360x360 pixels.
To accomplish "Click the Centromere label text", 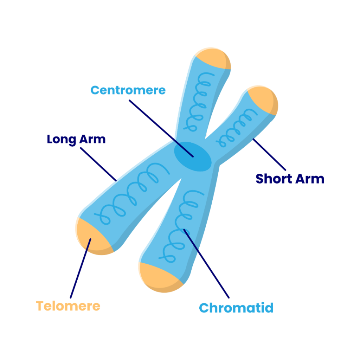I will point(128,90).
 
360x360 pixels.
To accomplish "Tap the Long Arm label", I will point(76,139).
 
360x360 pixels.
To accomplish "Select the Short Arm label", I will point(290,179).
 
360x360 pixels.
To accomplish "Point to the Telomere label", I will point(68,306).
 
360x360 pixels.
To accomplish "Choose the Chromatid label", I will point(236,308).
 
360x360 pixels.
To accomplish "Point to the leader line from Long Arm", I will point(98,163).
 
